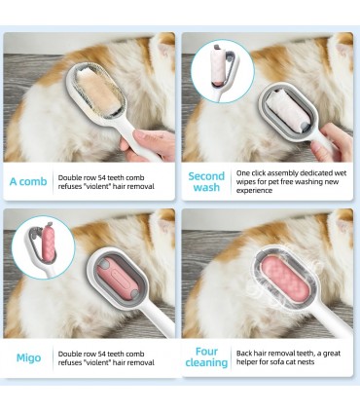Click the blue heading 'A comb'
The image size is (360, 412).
coord(28,181)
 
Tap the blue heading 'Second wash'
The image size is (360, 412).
coord(206,182)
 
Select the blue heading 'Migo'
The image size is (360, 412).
coord(28,357)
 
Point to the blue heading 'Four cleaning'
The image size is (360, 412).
coord(206,356)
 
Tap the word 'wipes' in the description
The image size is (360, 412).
coord(245,181)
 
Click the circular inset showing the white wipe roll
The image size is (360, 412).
coord(223,71)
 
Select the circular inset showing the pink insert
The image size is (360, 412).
coord(43,247)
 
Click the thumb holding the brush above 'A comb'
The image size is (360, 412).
coord(148,136)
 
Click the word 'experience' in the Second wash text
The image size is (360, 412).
coord(249,190)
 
